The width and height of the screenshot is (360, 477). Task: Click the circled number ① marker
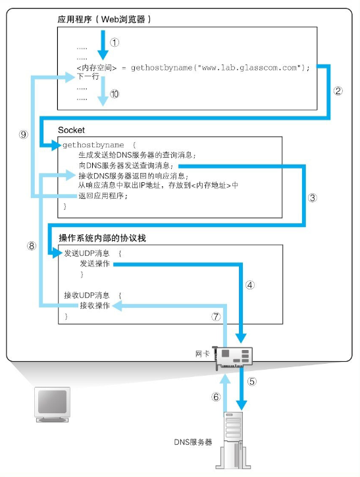click(x=115, y=41)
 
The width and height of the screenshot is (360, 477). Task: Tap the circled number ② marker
click(x=338, y=91)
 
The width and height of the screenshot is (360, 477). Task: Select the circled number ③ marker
click(x=313, y=197)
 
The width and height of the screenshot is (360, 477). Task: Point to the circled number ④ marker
click(x=249, y=285)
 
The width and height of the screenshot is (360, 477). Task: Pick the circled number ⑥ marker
click(x=215, y=397)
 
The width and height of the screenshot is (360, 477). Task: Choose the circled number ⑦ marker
click(x=215, y=316)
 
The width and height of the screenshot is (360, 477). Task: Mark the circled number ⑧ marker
click(x=31, y=246)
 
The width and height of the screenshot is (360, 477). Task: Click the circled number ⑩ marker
click(x=115, y=94)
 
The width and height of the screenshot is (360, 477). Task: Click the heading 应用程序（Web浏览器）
click(x=105, y=19)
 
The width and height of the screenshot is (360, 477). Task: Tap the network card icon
click(x=235, y=356)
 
